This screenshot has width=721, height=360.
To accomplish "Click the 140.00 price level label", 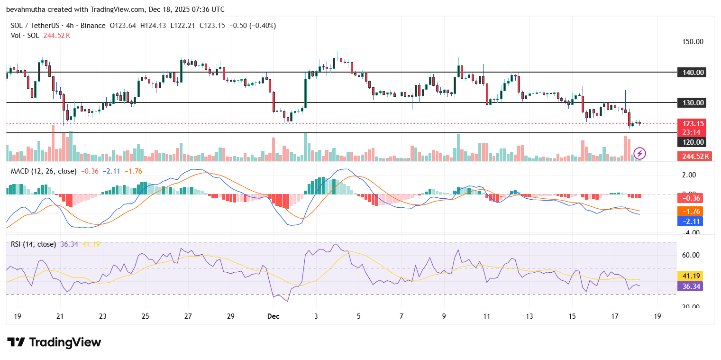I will point(694,73).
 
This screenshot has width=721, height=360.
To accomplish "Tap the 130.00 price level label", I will point(694,102).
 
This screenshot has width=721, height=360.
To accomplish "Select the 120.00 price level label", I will point(694,142).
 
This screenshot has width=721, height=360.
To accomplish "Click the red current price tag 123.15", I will point(694,123).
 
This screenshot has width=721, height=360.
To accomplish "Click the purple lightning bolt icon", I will point(640,153).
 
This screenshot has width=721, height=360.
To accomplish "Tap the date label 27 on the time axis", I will point(188,316).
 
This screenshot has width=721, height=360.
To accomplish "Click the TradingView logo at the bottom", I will point(54,342).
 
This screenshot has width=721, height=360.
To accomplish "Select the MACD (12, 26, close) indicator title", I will point(43,171).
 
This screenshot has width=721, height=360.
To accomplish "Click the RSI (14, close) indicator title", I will point(33,244).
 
